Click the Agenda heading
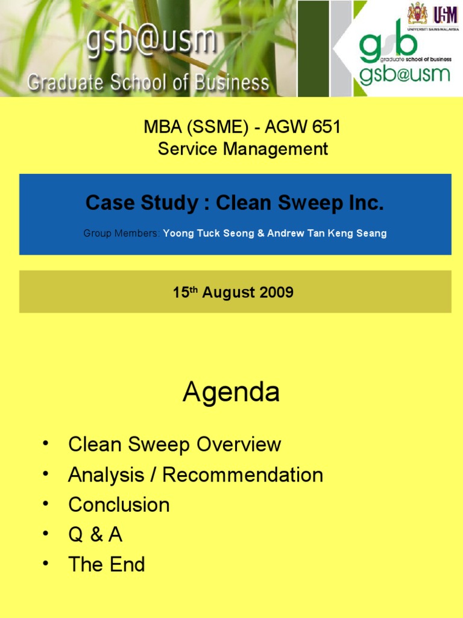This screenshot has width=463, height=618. tap(231, 393)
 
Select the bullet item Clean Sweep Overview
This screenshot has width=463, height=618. tap(174, 445)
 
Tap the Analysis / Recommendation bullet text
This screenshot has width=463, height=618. tap(195, 475)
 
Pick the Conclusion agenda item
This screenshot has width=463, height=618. tap(119, 505)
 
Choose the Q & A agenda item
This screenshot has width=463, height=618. tap(95, 535)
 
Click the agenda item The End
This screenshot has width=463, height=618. tap(107, 565)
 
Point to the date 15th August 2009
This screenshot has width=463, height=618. tap(233, 293)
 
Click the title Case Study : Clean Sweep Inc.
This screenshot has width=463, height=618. tap(235, 203)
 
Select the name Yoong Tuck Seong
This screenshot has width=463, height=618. tap(209, 233)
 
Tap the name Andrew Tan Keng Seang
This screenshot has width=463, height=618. tap(326, 233)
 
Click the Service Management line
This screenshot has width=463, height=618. tap(242, 148)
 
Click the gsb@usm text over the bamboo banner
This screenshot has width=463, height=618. tap(151, 41)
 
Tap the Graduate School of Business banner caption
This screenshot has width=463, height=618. tap(148, 83)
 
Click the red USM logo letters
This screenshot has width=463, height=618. tap(445, 14)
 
